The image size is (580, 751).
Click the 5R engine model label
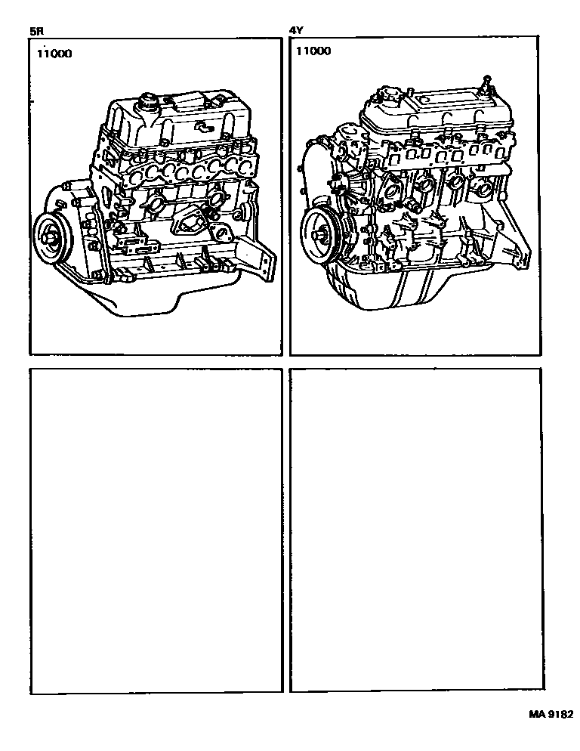pos(36,32)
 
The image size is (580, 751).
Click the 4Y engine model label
pos(296,31)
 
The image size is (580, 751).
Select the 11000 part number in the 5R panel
pos(54,53)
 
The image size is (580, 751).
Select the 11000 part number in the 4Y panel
pos(313,51)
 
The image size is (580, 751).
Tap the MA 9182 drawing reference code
pos(551,714)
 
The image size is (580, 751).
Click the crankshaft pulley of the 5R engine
pos(53,236)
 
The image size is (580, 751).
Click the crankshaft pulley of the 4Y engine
pos(322,235)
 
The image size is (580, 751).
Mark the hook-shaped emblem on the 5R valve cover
pos(205,128)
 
